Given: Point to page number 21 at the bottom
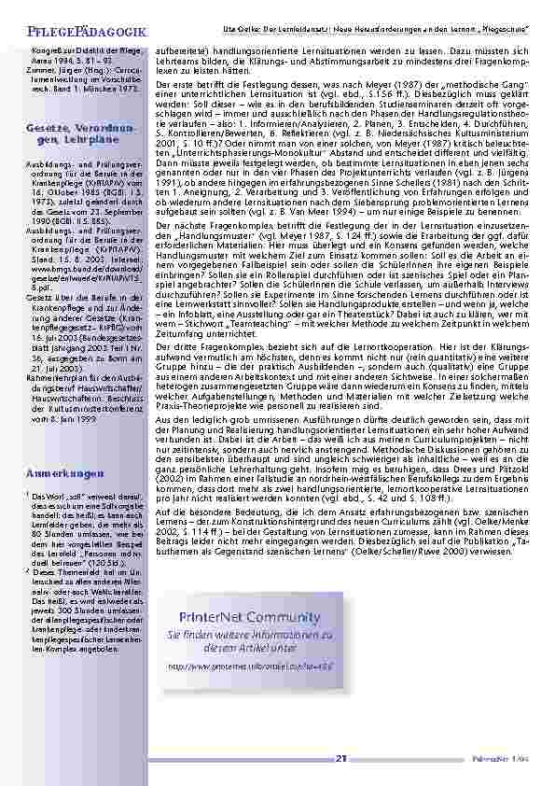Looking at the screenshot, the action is point(341,758).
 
